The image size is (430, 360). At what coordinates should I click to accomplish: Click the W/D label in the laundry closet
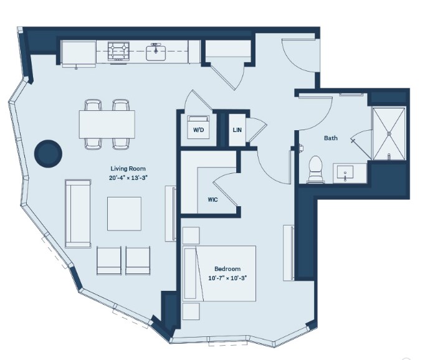coord(199,131)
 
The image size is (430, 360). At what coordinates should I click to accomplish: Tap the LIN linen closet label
coord(237,130)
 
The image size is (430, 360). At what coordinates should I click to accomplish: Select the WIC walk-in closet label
coord(213,200)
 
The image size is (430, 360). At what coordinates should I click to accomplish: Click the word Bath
coord(330,138)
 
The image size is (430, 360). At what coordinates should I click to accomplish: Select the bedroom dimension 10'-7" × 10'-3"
coord(227,278)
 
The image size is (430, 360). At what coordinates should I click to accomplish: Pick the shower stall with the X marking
coord(389,133)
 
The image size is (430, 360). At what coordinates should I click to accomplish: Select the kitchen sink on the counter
coord(156,52)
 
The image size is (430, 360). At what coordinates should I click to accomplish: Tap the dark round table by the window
coord(47,153)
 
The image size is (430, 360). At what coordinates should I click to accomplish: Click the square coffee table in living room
coord(124,214)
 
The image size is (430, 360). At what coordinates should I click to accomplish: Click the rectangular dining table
coord(107,125)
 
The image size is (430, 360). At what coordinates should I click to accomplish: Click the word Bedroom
coord(227,270)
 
